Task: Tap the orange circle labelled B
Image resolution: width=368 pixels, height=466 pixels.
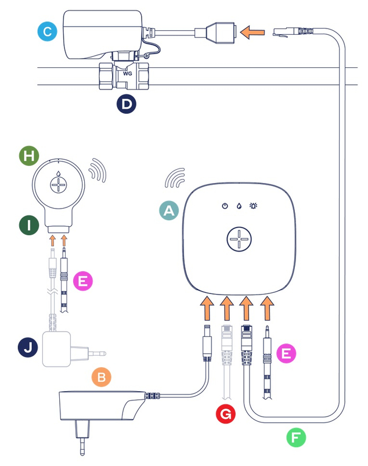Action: tap(102, 378)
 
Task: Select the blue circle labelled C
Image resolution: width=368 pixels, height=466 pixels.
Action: tap(46, 31)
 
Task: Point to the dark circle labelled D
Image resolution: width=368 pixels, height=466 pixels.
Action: tap(127, 104)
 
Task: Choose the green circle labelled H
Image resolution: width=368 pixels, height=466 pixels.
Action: tap(28, 156)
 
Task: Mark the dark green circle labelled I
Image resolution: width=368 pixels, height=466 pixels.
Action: tap(28, 225)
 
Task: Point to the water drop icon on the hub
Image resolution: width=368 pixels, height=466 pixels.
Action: tap(239, 206)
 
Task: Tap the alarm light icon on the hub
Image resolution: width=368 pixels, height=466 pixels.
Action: tap(254, 206)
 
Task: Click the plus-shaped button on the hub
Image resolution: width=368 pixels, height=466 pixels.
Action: tap(239, 239)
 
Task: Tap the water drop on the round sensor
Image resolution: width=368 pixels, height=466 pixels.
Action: tap(59, 173)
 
